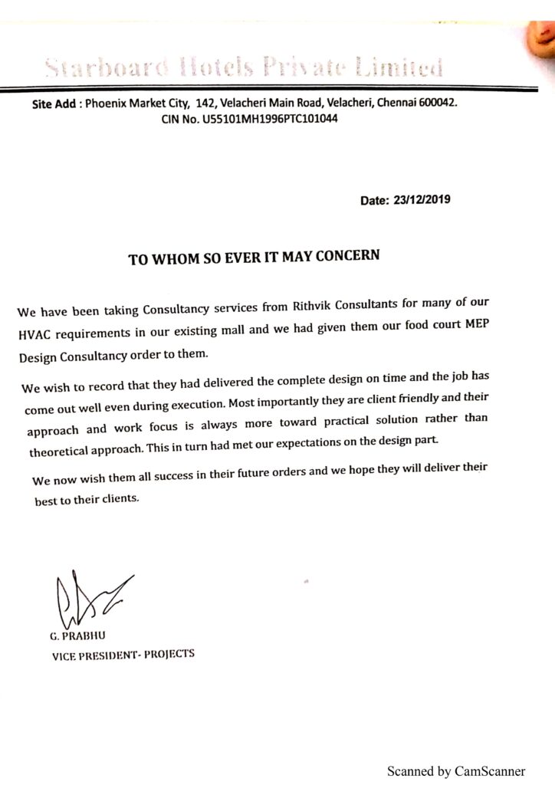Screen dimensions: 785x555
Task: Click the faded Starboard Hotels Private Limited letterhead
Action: (244, 69)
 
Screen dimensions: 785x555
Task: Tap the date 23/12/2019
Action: (421, 201)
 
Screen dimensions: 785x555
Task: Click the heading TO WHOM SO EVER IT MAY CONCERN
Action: (254, 257)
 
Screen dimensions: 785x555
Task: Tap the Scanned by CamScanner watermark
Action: (456, 770)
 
